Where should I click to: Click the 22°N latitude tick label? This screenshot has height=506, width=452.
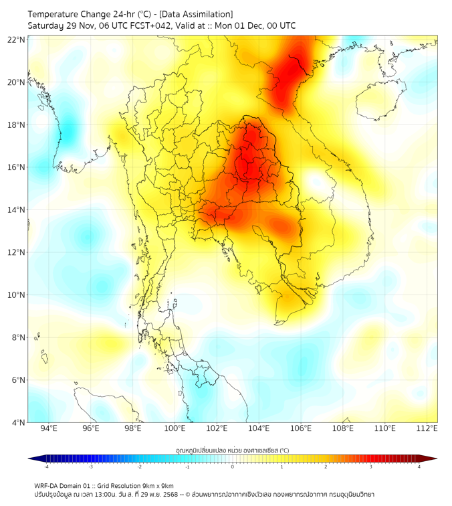point(17,39)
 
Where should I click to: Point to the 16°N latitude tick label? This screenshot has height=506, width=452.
point(17,167)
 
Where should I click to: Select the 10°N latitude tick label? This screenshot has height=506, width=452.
point(17,295)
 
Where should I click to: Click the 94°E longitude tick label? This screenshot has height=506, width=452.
point(49,428)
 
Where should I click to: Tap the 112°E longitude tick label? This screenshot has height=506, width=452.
point(427,428)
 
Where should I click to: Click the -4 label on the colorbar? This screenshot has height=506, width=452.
point(46,466)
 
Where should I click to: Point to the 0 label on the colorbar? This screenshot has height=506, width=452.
point(233,466)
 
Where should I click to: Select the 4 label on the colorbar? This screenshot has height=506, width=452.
point(419,466)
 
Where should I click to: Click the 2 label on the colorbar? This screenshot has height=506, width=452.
point(326,466)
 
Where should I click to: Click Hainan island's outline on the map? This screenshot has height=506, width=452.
point(380,100)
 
